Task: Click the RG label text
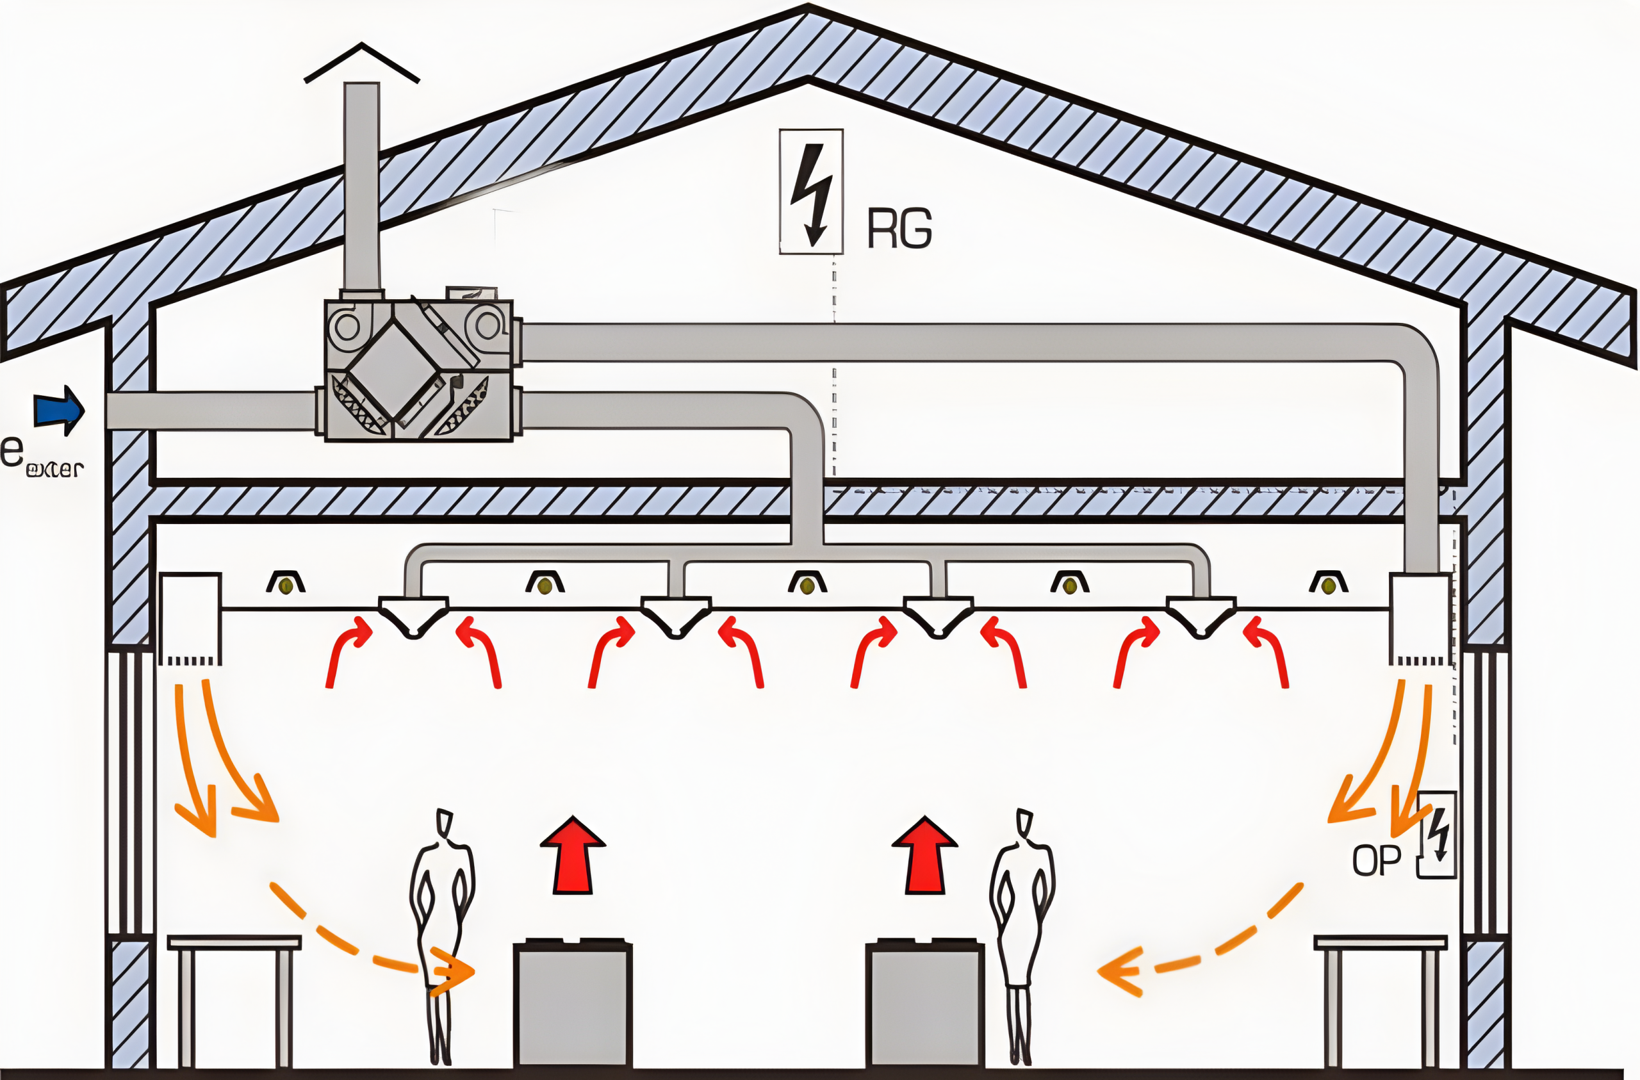[899, 229]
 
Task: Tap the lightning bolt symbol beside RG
[811, 192]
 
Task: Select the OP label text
[1376, 862]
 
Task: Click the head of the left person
[445, 822]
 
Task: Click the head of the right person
[1024, 822]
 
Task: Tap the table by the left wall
[234, 943]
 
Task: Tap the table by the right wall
[1380, 943]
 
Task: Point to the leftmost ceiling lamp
[286, 583]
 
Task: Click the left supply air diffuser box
[190, 617]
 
